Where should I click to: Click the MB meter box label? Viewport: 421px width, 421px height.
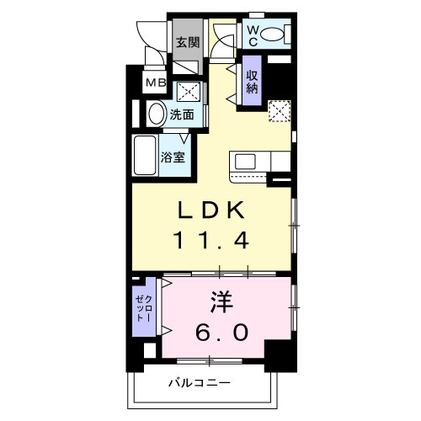(x=156, y=83)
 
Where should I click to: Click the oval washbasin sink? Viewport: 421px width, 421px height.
(x=157, y=112)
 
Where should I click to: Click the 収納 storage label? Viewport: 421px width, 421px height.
(x=252, y=83)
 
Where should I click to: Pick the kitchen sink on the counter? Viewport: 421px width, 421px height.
(x=245, y=160)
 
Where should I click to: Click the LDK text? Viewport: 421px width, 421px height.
(x=210, y=210)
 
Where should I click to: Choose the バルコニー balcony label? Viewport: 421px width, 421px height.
(x=199, y=383)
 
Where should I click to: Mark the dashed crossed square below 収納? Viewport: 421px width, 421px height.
(x=278, y=111)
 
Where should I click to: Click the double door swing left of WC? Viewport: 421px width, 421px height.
(x=223, y=38)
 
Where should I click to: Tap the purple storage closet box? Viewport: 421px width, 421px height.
(x=252, y=83)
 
